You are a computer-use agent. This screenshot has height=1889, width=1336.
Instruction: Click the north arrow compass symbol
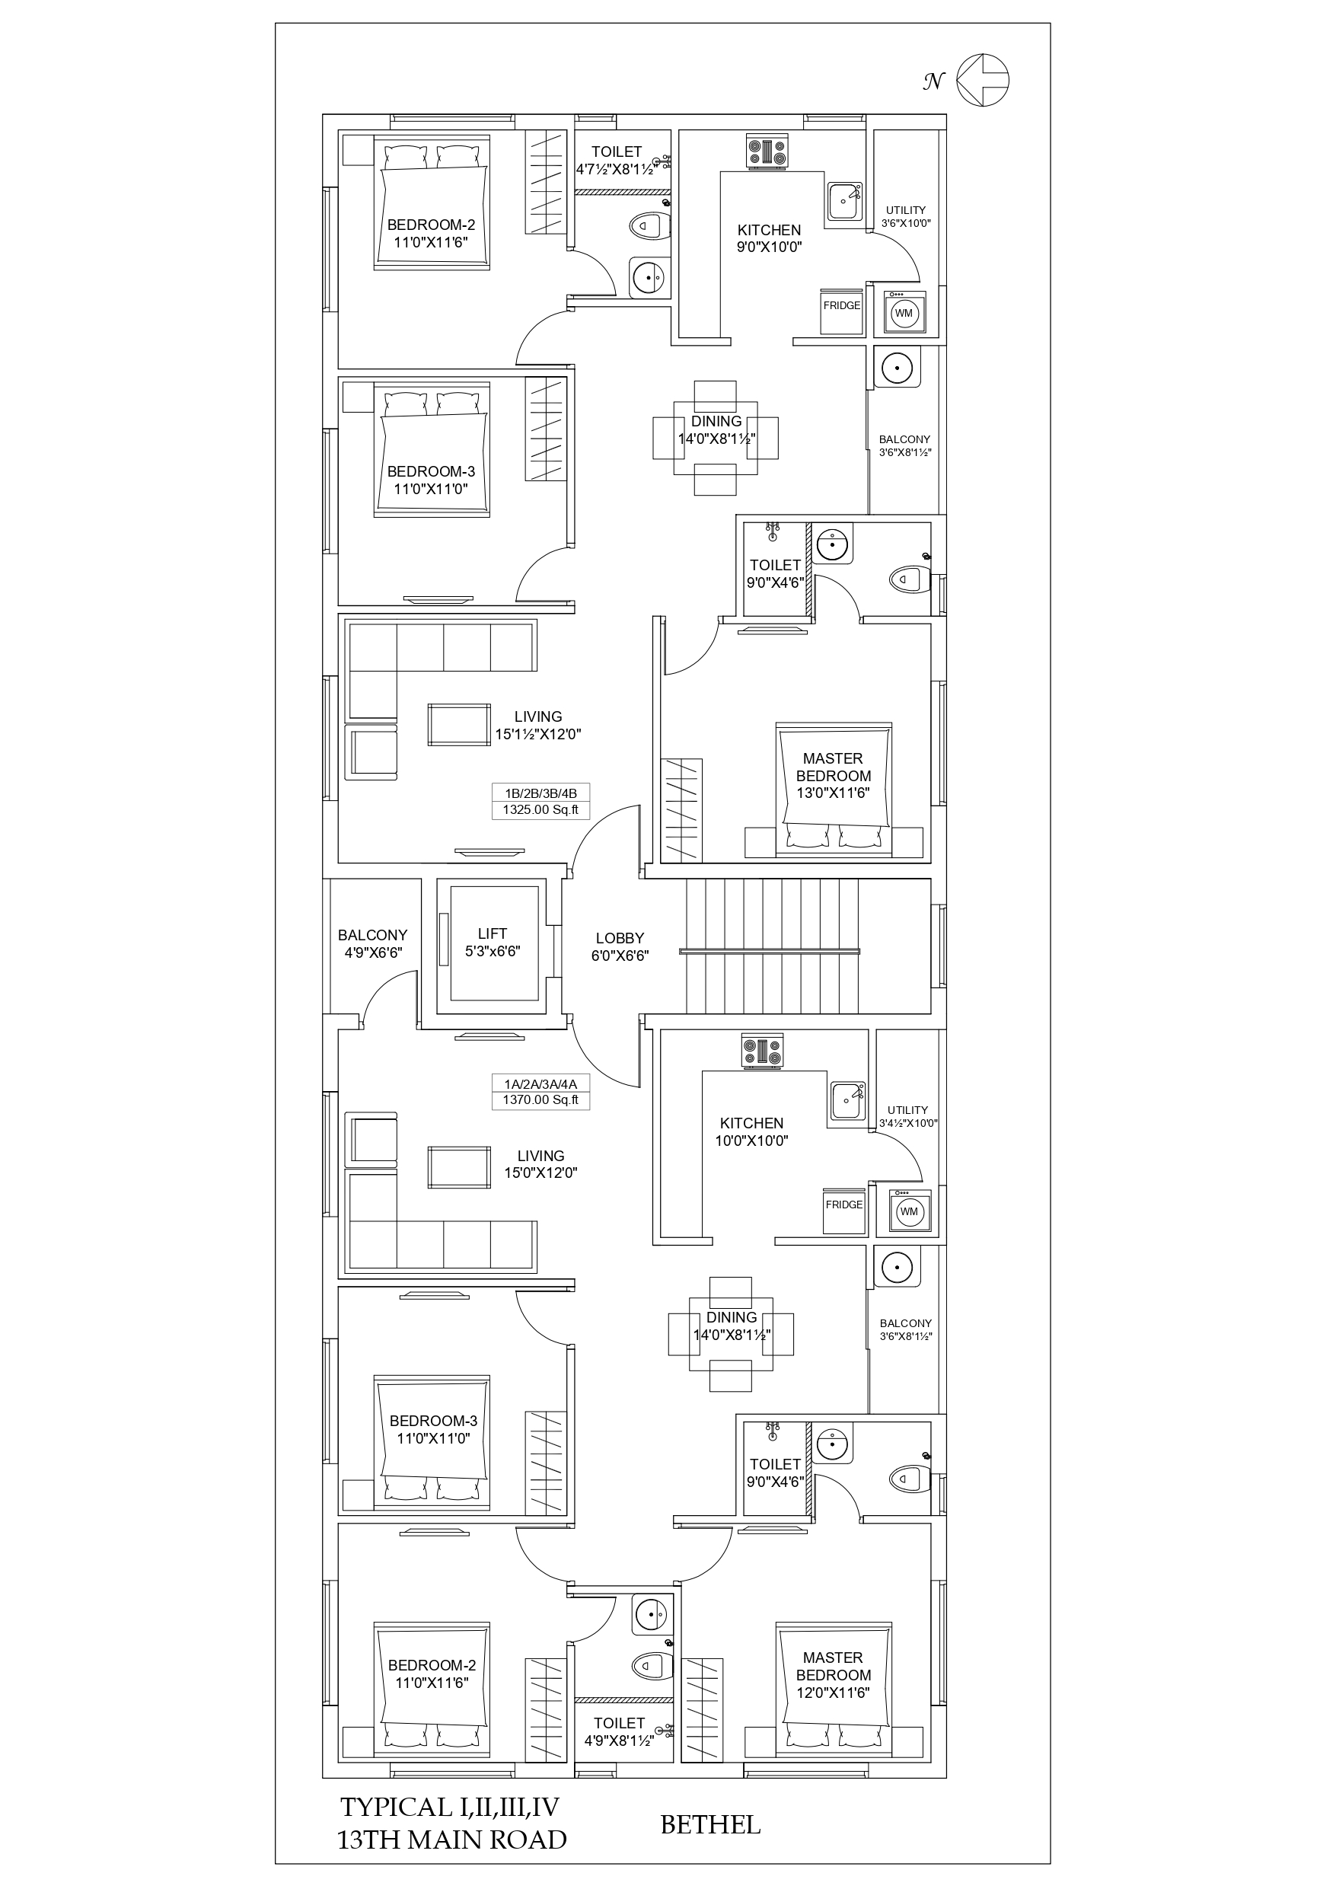point(983,80)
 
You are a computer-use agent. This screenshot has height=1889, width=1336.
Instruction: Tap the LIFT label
point(492,933)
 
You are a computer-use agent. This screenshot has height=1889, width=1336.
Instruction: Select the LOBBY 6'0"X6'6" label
point(620,946)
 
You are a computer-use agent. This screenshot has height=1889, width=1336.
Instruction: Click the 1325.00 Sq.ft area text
point(540,809)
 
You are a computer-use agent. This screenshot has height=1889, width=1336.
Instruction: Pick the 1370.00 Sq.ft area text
point(540,1100)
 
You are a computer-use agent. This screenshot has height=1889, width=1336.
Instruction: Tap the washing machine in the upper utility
point(904,313)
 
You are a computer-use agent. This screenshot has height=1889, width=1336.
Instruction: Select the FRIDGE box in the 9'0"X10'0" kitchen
point(842,311)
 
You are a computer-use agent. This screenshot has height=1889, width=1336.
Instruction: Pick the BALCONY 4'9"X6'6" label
point(373,943)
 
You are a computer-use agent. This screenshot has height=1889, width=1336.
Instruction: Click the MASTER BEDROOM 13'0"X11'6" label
point(833,775)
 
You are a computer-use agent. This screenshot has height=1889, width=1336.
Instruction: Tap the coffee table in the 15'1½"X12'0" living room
point(458,724)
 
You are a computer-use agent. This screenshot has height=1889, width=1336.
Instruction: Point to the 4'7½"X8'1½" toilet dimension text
point(616,170)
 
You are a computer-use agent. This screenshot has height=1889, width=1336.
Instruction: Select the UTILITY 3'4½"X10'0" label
point(908,1116)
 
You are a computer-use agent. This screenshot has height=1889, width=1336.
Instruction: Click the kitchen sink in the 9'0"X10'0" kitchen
point(845,200)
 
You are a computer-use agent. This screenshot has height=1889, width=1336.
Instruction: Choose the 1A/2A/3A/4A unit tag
point(540,1083)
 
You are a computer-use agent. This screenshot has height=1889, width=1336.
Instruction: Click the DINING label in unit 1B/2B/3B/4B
point(716,421)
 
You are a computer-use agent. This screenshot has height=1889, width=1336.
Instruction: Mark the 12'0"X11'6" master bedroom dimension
point(833,1693)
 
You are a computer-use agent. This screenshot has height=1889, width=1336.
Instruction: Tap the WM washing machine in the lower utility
point(909,1211)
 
